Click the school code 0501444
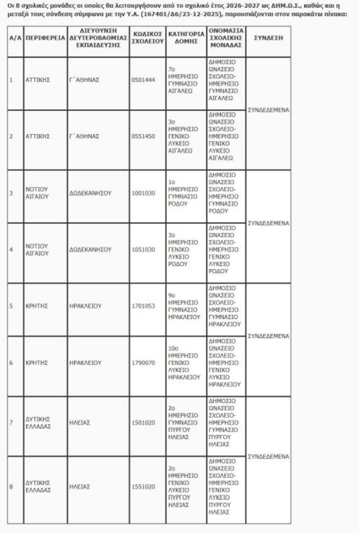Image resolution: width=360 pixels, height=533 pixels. click(143, 80)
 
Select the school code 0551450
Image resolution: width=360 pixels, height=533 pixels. click(143, 136)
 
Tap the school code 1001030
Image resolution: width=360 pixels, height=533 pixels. click(143, 193)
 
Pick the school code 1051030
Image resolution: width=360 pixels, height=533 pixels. click(143, 250)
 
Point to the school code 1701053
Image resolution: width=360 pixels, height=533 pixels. click(143, 306)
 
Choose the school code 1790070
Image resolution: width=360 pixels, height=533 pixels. click(143, 363)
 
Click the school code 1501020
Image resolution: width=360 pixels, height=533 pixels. click(143, 423)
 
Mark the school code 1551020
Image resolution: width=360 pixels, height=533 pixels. click(143, 487)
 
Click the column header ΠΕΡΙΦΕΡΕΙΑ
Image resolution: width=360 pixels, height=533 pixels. click(45, 38)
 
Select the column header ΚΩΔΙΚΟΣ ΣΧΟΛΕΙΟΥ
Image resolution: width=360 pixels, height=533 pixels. click(148, 38)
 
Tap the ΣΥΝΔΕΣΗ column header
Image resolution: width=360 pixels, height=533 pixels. click(268, 38)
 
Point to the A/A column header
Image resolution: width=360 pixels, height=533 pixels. click(16, 38)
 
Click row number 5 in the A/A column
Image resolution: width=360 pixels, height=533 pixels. click(11, 306)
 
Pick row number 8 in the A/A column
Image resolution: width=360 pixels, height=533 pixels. click(11, 487)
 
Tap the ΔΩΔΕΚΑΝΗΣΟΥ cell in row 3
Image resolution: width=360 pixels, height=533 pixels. click(90, 193)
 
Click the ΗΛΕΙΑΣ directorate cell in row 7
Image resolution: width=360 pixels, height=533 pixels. click(80, 423)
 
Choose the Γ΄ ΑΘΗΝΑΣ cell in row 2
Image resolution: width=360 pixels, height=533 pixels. click(84, 136)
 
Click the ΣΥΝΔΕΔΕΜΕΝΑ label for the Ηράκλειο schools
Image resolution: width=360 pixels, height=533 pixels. click(268, 336)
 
